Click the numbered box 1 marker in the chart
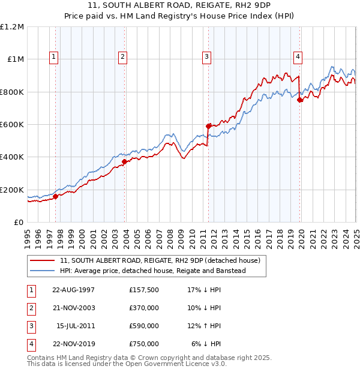(x=54, y=57)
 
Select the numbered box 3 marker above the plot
(x=206, y=57)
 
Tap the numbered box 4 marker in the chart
(x=298, y=57)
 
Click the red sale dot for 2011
(x=209, y=126)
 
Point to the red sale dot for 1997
(x=56, y=196)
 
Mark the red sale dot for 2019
(x=300, y=100)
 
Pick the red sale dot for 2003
(x=124, y=161)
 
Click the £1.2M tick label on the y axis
(x=13, y=27)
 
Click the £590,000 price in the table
(x=143, y=326)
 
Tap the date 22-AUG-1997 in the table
(x=74, y=290)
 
